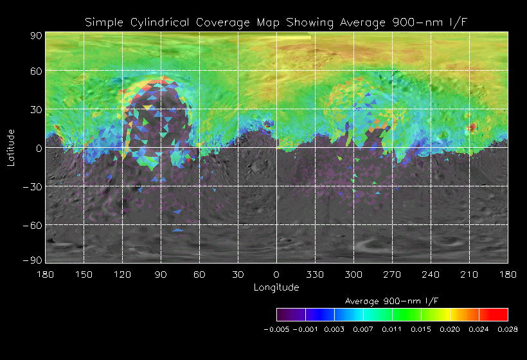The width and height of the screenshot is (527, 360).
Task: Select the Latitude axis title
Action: point(11,147)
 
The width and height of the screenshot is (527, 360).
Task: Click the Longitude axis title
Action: point(276,287)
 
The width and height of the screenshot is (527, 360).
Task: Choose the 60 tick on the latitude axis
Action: point(35,71)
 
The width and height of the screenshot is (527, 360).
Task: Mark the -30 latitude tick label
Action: point(32,186)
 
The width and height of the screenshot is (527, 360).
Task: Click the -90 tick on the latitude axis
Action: point(32,260)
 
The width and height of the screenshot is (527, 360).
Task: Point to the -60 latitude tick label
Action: point(32,225)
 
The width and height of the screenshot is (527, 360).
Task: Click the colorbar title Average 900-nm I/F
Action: point(392,301)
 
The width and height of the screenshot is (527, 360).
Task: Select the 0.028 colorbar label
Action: point(508,329)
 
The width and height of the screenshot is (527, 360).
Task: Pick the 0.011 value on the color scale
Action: point(392,329)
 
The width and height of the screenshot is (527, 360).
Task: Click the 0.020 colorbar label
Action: point(450,329)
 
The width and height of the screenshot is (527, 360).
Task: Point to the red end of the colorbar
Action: point(501,314)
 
